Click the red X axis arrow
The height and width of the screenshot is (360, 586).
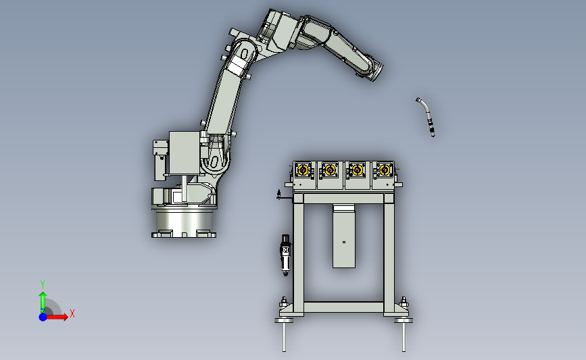click(x=56, y=317)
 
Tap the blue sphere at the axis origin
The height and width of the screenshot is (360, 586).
click(x=43, y=317)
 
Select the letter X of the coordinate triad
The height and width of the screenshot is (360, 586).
click(x=72, y=313)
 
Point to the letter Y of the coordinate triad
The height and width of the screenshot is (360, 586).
click(x=43, y=284)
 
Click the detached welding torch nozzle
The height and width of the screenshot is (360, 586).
click(x=426, y=117)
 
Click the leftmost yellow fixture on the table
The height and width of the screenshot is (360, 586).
click(x=303, y=170)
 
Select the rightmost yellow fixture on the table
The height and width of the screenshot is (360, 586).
click(x=385, y=170)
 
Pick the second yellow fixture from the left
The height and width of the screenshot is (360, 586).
click(x=330, y=170)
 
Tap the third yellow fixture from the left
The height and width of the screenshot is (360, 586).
click(x=357, y=170)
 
